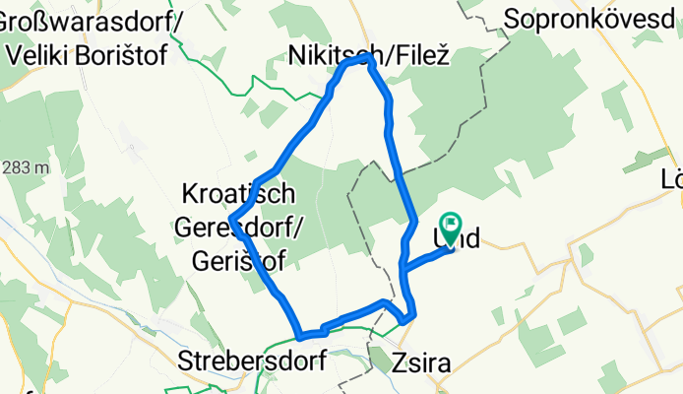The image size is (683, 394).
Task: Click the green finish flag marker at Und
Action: coord(452,227)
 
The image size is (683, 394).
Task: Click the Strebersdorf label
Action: coord(253,361)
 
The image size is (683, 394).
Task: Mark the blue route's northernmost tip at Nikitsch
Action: coord(370,58)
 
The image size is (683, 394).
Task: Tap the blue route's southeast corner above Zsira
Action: coord(412,315)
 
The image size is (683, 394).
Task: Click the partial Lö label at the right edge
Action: coord(673,181)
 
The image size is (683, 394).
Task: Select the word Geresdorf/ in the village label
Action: coord(240,227)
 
